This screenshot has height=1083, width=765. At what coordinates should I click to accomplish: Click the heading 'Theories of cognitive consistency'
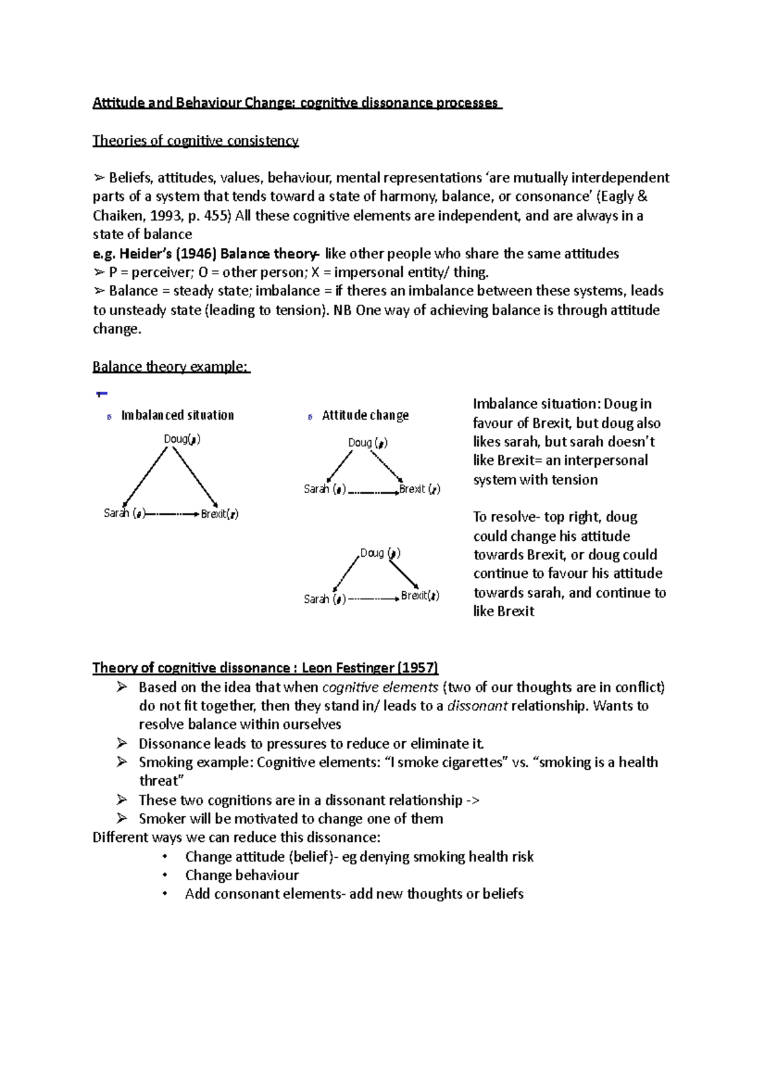point(195,140)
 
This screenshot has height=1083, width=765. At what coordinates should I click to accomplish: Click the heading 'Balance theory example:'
point(170,367)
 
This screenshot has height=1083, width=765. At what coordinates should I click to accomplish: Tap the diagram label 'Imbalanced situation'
point(177,415)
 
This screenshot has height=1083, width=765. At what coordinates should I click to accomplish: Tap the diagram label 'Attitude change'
point(365,415)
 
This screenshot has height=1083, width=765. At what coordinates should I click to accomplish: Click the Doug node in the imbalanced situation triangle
point(182,439)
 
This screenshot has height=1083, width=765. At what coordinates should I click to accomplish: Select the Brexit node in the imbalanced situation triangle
point(219,513)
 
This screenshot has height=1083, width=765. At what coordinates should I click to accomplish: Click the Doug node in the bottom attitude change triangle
point(379,553)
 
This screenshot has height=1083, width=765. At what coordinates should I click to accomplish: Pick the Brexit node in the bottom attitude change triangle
point(419,596)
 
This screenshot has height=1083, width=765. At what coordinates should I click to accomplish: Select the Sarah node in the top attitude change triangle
point(324,489)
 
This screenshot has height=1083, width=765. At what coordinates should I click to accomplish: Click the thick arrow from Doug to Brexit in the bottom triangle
point(404,573)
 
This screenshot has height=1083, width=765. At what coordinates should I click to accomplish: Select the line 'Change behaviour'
point(242,875)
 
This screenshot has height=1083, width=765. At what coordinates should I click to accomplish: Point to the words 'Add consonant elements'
point(262,894)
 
